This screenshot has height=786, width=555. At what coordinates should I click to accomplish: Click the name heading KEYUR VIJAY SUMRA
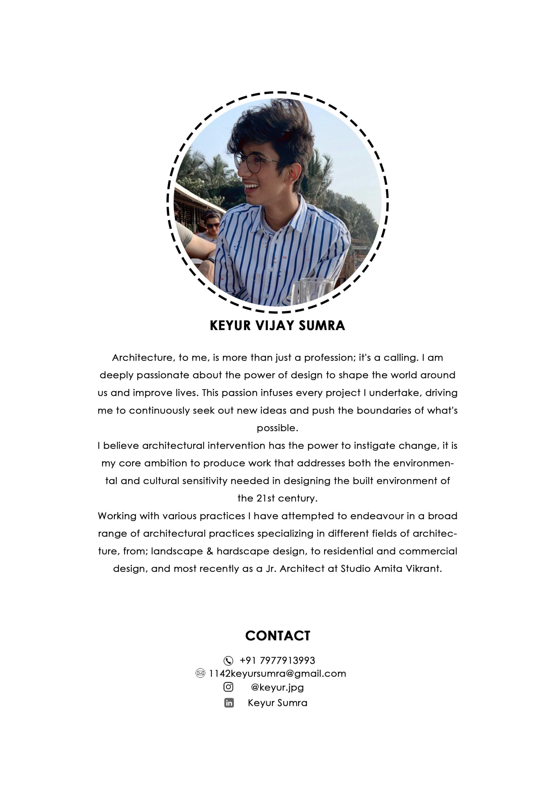point(277,326)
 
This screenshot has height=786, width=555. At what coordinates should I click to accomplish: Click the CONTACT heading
point(277,636)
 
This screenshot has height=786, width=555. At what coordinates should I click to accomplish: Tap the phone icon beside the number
point(228,660)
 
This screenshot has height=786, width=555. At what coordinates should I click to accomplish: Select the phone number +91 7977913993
point(277,660)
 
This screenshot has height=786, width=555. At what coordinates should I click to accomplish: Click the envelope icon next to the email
point(200,673)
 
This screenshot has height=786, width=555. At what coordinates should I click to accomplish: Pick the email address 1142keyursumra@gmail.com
point(277,673)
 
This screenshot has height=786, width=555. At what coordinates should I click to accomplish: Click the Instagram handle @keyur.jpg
point(277,687)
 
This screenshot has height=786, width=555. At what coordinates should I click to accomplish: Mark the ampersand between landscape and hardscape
point(210,551)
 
